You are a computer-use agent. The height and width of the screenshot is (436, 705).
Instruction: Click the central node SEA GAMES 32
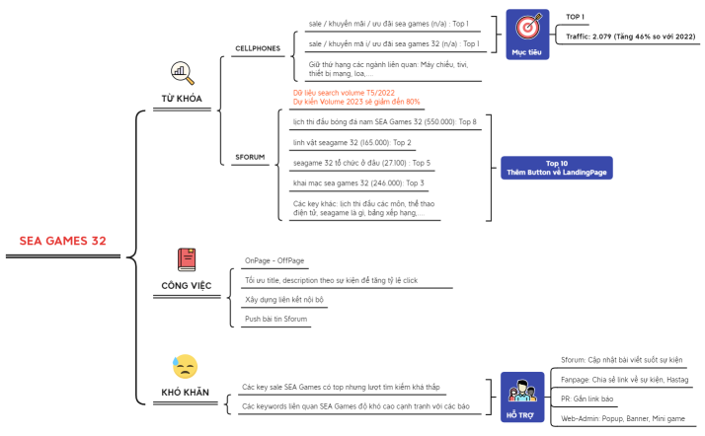click(x=62, y=241)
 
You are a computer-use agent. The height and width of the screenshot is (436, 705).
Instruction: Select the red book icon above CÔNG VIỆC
click(x=187, y=259)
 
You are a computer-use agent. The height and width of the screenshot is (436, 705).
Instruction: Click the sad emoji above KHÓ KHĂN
click(x=185, y=367)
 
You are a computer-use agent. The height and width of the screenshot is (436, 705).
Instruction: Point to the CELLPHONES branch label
click(x=257, y=47)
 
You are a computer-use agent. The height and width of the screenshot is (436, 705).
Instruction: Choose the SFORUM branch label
click(x=250, y=156)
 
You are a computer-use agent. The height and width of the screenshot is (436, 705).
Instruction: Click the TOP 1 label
click(x=576, y=17)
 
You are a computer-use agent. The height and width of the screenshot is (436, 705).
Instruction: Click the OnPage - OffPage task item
click(x=274, y=260)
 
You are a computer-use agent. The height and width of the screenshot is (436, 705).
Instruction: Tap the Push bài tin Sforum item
click(x=276, y=319)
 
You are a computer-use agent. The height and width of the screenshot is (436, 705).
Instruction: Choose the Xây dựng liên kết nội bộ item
click(x=284, y=299)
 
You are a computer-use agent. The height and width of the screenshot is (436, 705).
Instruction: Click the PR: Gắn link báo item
click(x=587, y=400)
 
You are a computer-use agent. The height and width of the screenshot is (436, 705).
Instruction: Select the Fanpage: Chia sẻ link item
click(x=624, y=380)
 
